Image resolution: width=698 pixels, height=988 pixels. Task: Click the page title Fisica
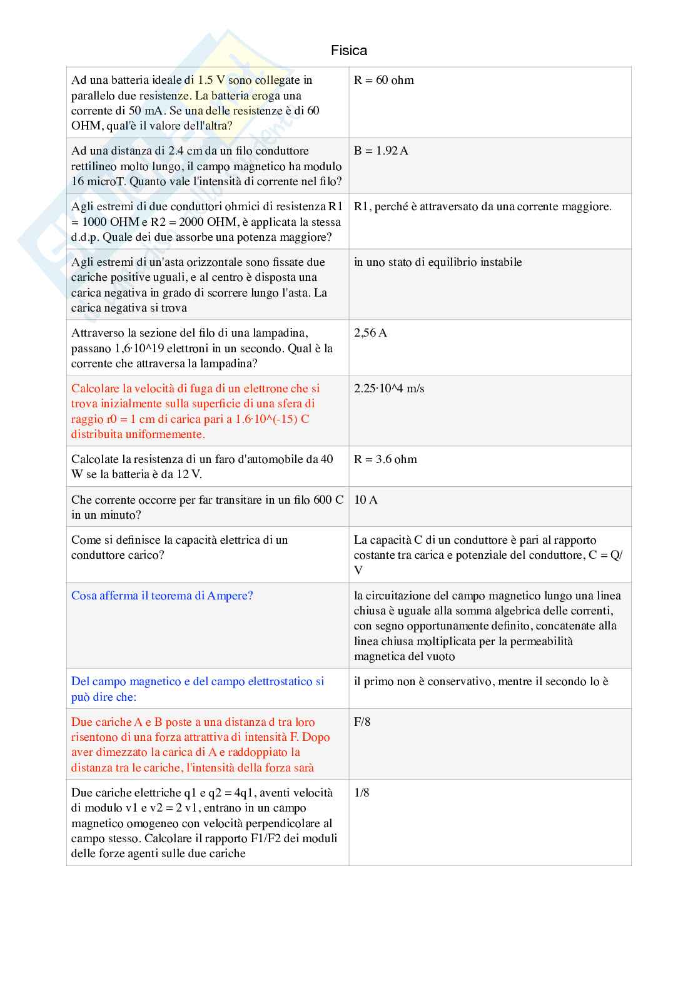349,50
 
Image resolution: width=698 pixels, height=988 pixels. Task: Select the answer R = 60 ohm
383,80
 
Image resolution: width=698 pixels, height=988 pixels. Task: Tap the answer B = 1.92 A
381,151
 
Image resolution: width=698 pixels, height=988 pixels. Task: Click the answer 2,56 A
370,333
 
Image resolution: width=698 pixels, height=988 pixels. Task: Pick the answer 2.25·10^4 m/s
389,389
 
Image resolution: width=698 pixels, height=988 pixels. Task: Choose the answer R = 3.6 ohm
385,459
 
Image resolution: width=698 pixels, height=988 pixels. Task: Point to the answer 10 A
366,500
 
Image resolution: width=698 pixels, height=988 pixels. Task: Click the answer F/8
362,722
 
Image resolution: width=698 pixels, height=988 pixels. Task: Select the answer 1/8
362,793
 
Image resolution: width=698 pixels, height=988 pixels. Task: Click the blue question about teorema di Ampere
162,596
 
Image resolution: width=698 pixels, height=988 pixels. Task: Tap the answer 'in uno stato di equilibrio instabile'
438,262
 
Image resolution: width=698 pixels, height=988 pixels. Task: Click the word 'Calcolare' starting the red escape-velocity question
95,389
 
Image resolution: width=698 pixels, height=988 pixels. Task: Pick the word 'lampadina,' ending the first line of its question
280,333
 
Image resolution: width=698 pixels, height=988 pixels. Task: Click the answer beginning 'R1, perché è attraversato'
482,206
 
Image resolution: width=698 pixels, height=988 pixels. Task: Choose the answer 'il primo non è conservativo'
481,681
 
